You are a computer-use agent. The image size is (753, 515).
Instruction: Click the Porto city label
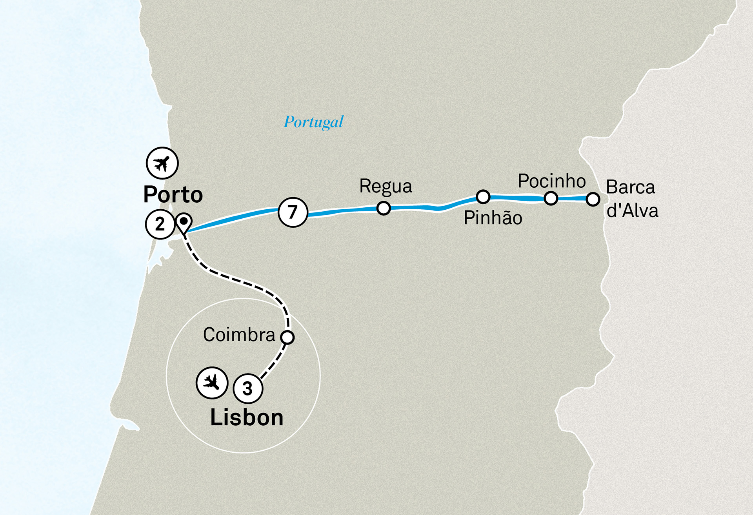click(173, 194)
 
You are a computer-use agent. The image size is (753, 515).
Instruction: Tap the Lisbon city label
click(247, 417)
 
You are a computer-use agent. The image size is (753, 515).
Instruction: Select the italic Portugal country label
click(313, 122)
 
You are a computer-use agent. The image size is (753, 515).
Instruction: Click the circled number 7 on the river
click(293, 212)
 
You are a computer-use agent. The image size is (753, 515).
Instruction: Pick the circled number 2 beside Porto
click(160, 224)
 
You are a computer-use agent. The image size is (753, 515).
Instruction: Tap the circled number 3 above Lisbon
click(248, 388)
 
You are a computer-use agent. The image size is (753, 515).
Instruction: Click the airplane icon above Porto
click(162, 163)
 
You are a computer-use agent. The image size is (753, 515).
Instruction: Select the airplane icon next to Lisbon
click(212, 383)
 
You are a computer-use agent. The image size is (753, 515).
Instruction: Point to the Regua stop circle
click(384, 208)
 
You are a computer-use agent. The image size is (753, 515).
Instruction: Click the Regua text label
click(386, 186)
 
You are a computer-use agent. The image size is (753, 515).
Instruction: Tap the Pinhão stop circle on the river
click(483, 197)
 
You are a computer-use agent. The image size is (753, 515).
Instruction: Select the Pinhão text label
click(493, 218)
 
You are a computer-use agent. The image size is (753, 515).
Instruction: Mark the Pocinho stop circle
click(551, 198)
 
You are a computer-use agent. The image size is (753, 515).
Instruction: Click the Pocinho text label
click(551, 181)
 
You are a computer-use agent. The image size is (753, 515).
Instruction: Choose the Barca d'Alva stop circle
click(593, 199)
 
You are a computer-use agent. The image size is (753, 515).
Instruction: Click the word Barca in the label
click(630, 187)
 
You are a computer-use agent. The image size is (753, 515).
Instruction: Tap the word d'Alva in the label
click(632, 211)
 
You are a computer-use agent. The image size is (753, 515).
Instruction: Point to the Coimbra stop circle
click(287, 337)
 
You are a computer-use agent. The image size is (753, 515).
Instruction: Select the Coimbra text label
click(239, 335)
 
